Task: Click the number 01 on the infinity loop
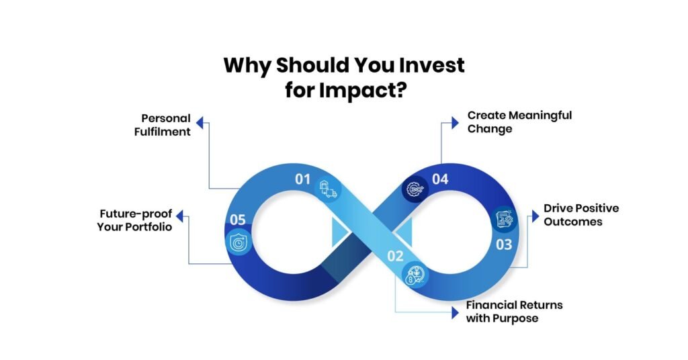coord(302,179)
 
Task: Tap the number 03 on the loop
coord(504,244)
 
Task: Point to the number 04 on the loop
coord(440,179)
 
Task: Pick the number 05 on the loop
coord(238,219)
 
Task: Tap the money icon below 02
coord(413,275)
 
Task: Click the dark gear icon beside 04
coord(414,191)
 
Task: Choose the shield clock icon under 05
coord(240,243)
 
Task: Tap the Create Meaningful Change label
coord(519,122)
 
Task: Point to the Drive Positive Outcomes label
coord(581,214)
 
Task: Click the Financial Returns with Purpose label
coord(514,312)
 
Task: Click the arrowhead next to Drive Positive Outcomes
coord(535,216)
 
